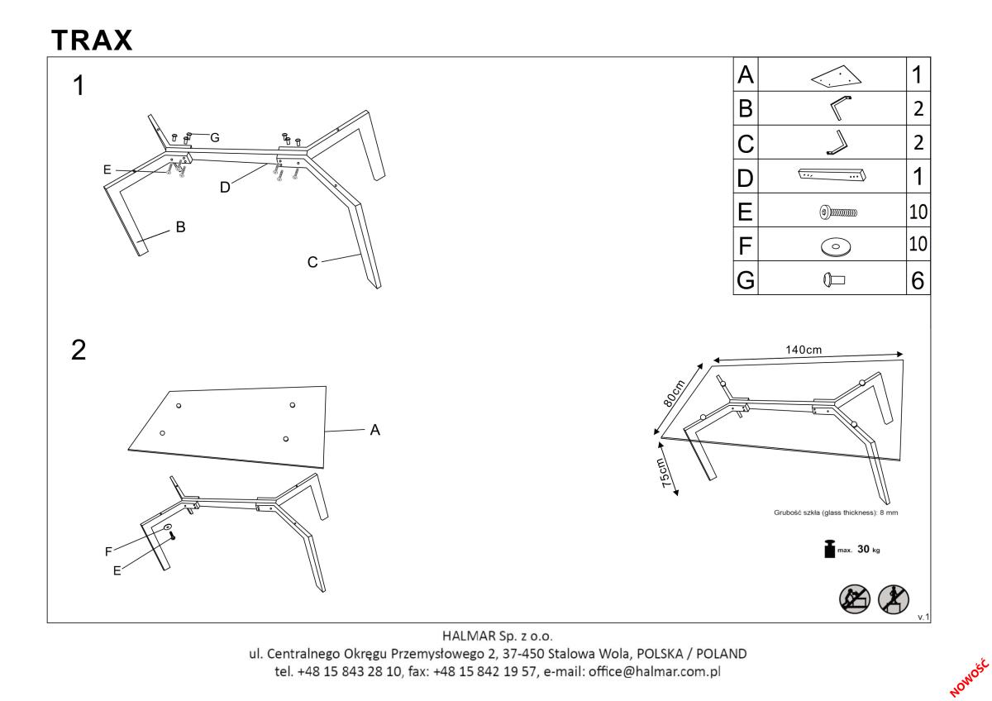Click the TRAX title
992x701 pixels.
click(x=92, y=40)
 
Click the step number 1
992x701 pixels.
click(x=79, y=86)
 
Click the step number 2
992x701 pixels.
click(x=79, y=350)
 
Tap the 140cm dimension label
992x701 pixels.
click(x=803, y=350)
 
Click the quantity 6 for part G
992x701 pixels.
click(x=917, y=281)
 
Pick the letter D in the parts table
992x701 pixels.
click(x=745, y=178)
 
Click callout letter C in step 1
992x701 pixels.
click(x=312, y=262)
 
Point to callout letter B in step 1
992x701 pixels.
click(x=179, y=228)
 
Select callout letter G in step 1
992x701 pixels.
click(x=214, y=137)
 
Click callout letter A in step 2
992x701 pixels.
click(x=374, y=430)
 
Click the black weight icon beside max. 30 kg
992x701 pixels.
click(x=827, y=549)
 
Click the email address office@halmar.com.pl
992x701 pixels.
click(x=653, y=671)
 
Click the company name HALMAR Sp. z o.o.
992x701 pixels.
click(x=495, y=636)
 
